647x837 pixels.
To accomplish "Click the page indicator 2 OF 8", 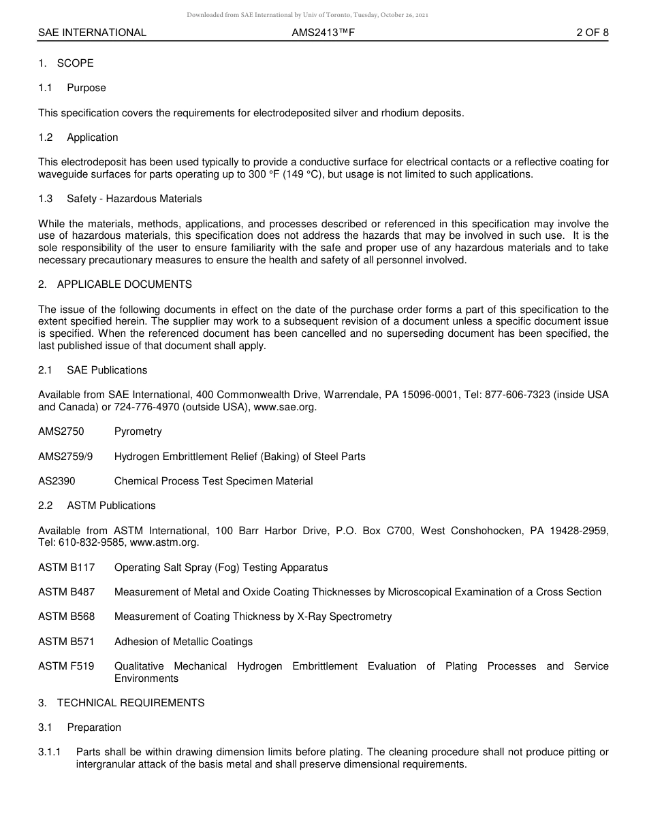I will (x=592, y=32).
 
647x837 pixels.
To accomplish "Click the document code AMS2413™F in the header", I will (x=323, y=32).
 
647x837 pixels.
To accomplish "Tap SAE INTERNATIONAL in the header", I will (x=92, y=32).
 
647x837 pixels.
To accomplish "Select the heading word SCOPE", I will (x=75, y=63).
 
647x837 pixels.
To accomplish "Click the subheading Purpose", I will (x=86, y=88).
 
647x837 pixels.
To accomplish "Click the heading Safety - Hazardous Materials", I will (x=134, y=199).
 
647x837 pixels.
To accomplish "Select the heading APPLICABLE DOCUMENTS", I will (x=124, y=284).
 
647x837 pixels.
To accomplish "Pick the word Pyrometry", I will (x=138, y=431).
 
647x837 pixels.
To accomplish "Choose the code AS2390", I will (x=57, y=481).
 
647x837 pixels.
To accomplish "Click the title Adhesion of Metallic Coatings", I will (x=183, y=642).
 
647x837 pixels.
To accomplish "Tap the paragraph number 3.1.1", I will (x=50, y=752).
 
